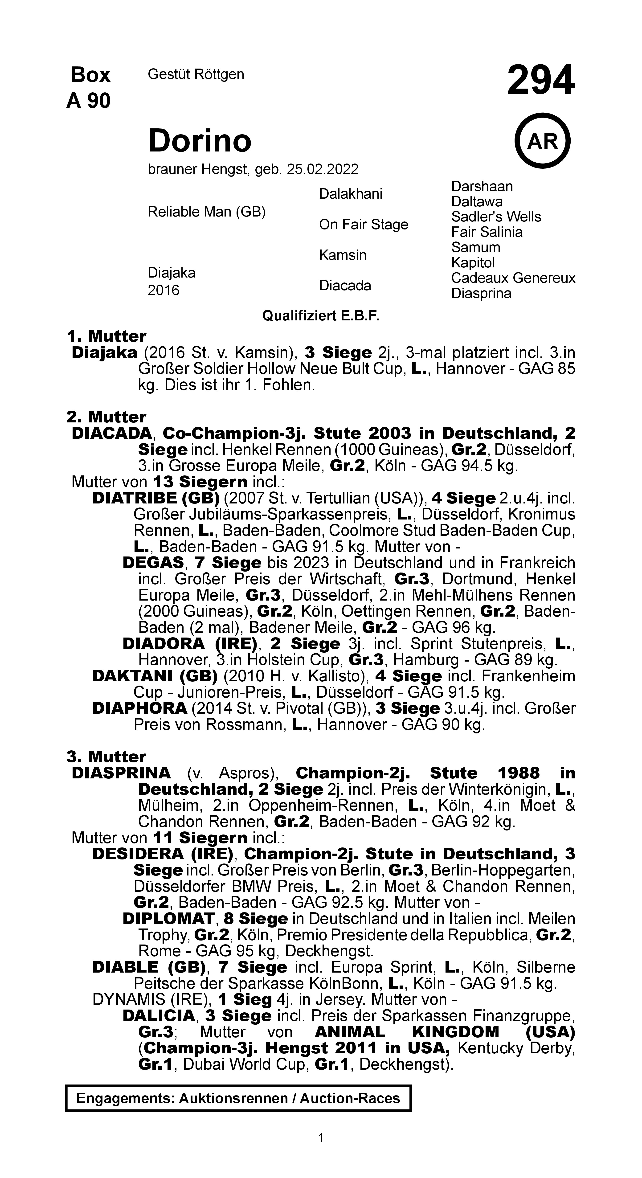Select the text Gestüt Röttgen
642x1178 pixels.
click(196, 74)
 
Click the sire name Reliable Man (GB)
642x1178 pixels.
click(206, 212)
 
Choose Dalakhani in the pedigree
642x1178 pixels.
click(350, 194)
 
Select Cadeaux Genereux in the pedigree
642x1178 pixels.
click(513, 278)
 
